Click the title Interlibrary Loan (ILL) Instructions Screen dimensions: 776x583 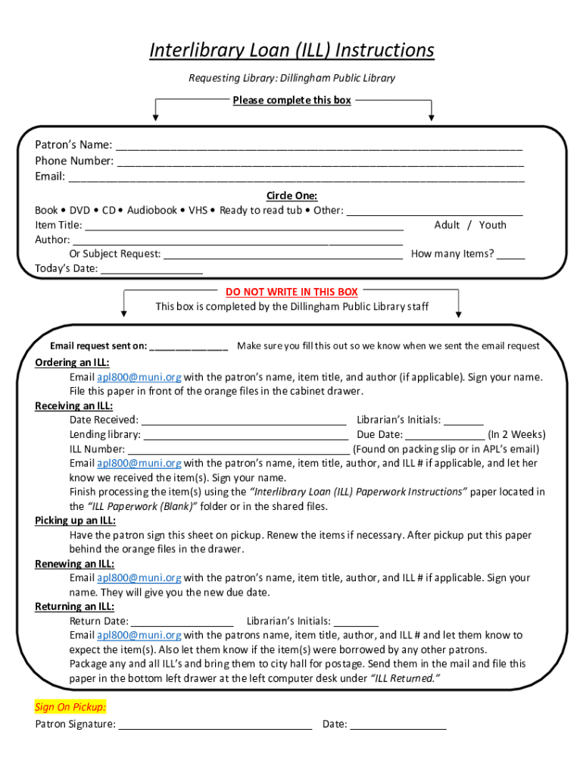tap(291, 50)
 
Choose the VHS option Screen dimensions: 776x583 tap(198, 210)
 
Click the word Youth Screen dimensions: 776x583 tap(492, 225)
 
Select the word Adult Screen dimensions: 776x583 tap(447, 225)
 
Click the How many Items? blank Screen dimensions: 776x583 tap(511, 256)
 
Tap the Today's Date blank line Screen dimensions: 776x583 tap(151, 271)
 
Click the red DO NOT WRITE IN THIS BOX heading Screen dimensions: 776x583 tap(291, 292)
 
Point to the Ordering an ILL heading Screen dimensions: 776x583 tap(72, 362)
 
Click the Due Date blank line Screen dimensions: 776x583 tap(444, 436)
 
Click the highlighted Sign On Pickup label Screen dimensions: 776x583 tap(70, 707)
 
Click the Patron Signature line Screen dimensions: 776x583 tap(216, 726)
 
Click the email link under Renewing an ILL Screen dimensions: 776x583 tap(139, 578)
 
